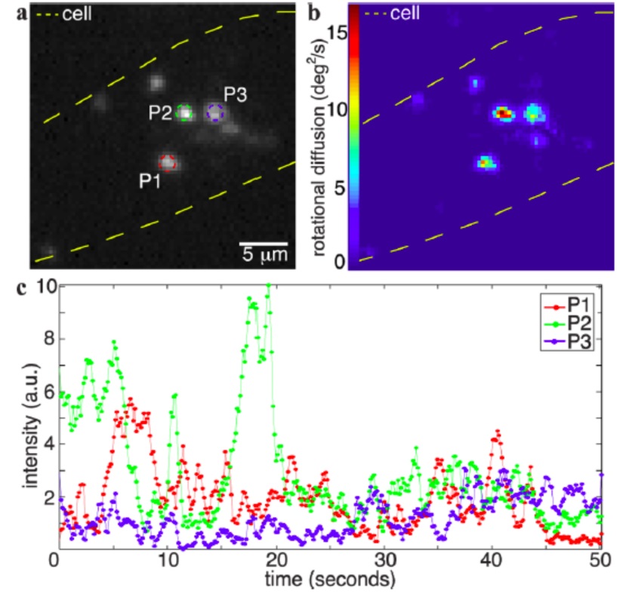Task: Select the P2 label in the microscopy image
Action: tap(161, 112)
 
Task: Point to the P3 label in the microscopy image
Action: tap(236, 94)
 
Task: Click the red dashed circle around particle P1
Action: tap(168, 161)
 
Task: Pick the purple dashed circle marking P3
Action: tap(216, 113)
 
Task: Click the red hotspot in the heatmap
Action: tap(502, 113)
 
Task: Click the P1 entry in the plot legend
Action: tap(582, 306)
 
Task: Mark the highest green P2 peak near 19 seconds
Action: tap(268, 286)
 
